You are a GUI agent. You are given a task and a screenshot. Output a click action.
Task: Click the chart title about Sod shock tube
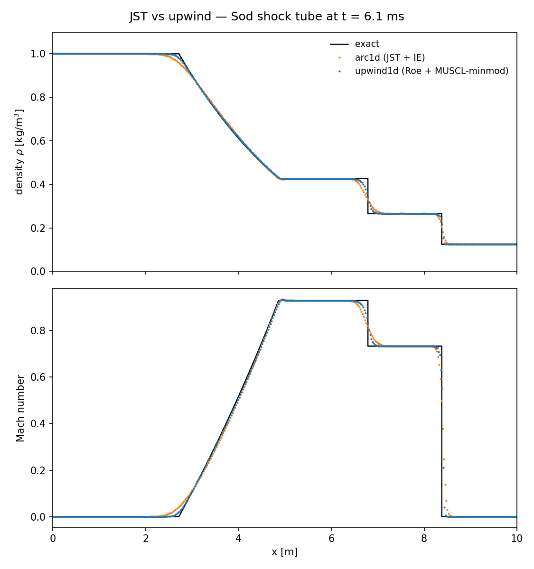point(267,17)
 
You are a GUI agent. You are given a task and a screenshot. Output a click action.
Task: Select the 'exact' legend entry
point(367,44)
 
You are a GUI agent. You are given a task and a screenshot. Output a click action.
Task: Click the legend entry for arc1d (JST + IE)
point(390,58)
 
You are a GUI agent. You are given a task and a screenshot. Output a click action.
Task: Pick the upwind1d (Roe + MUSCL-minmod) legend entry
point(431,71)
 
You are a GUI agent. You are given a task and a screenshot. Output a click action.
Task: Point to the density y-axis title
point(19,152)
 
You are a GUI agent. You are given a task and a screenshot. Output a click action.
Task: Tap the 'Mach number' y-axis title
point(20,408)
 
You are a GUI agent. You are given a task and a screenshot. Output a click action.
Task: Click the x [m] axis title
point(284,552)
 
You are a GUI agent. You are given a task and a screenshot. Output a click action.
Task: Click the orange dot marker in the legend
point(339,58)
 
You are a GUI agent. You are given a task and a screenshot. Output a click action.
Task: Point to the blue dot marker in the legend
point(339,71)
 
